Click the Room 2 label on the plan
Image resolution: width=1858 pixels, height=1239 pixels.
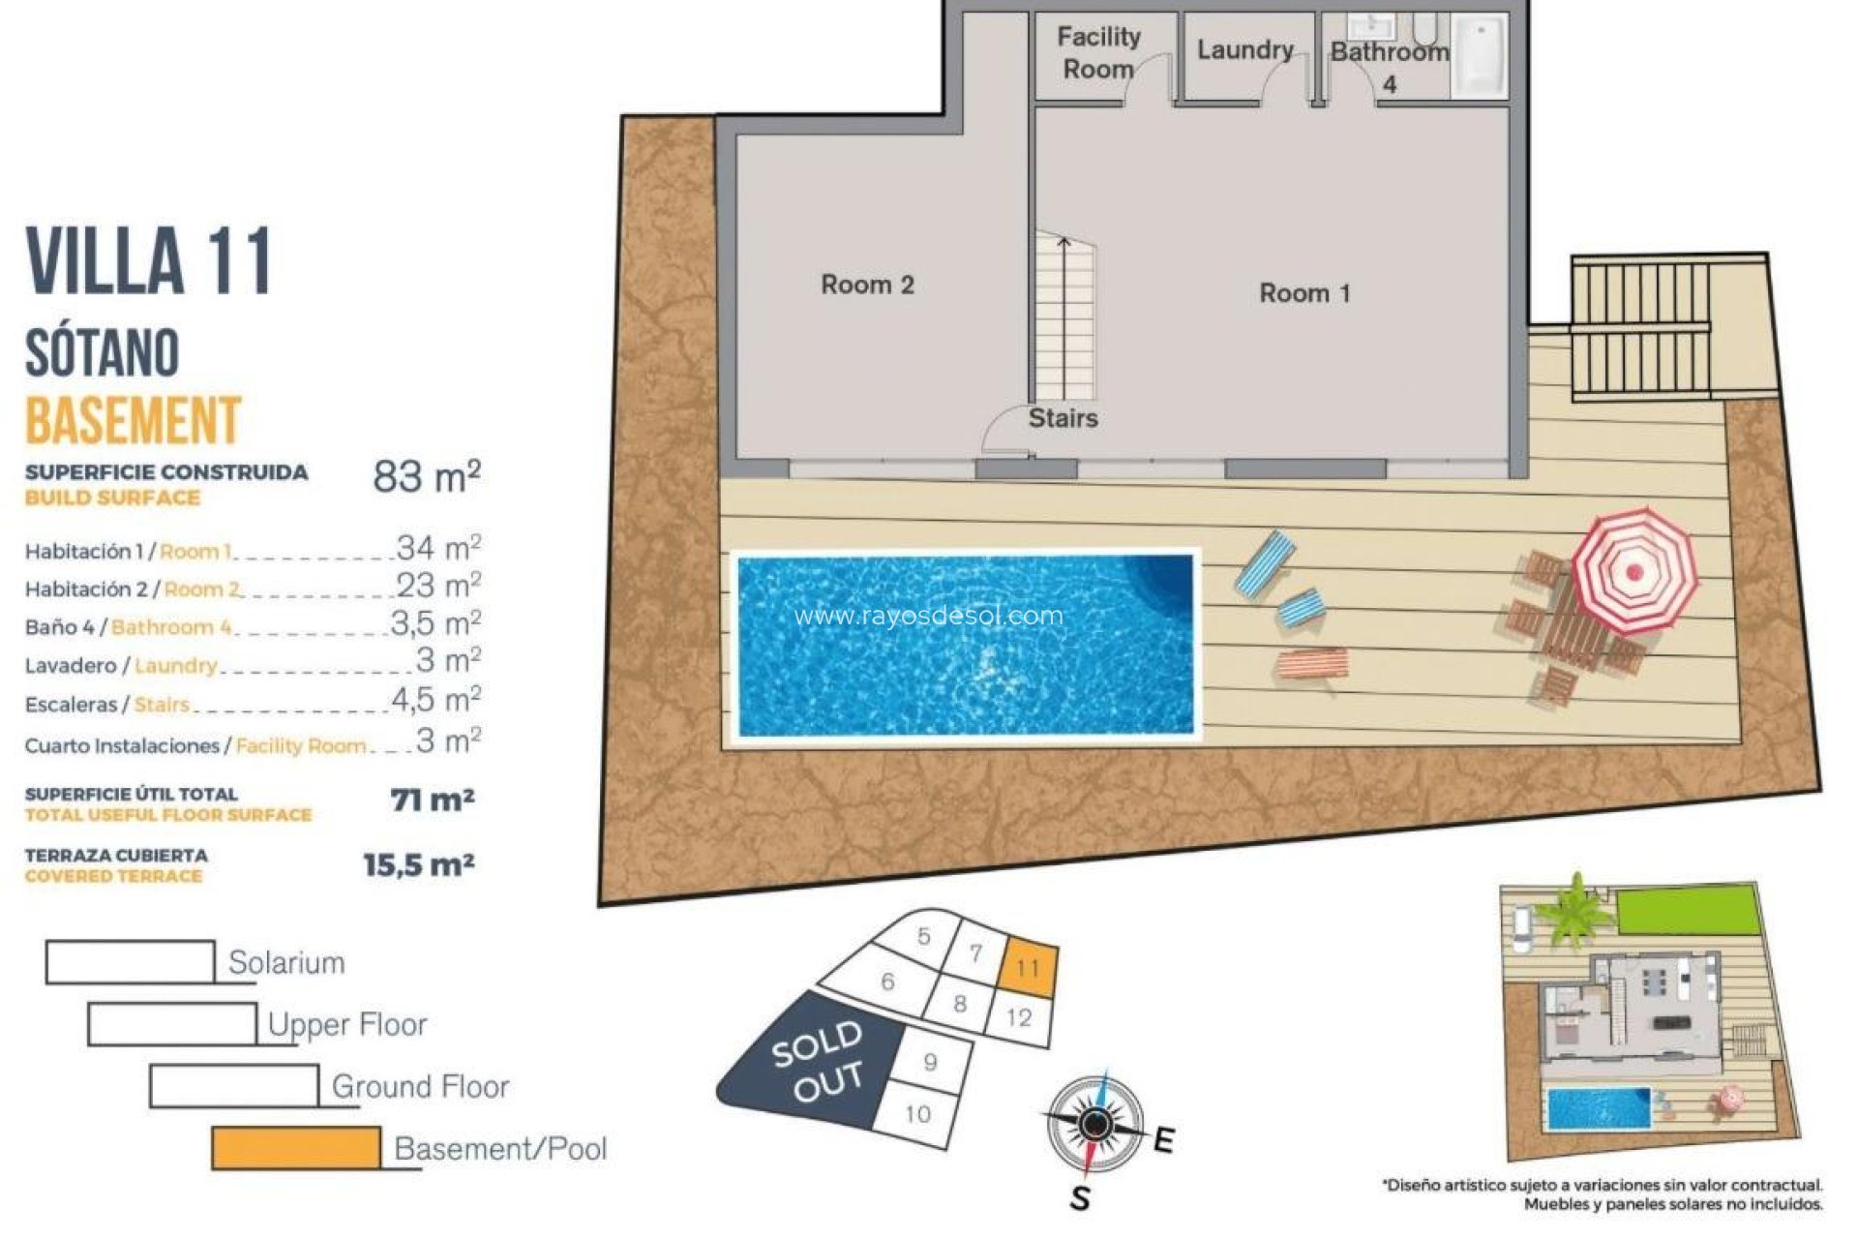click(x=867, y=285)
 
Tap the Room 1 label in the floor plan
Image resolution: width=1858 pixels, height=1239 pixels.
click(x=1304, y=293)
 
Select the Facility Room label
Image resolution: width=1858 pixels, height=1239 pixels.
click(x=1097, y=53)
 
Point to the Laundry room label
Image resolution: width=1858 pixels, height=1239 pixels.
click(x=1244, y=50)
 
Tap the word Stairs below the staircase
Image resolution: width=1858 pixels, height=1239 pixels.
click(x=1063, y=418)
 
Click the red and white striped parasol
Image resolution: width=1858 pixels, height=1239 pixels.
click(x=1634, y=571)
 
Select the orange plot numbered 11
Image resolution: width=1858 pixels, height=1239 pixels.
click(x=1027, y=967)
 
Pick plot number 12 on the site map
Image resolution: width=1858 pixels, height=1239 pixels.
click(x=1018, y=1017)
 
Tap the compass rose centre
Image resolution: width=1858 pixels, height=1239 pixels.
click(x=1094, y=1124)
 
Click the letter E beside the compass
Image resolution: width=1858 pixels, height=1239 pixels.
click(x=1164, y=1140)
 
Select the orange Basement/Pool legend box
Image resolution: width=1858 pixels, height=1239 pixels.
click(x=295, y=1148)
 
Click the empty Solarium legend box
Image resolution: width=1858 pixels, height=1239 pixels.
click(x=130, y=962)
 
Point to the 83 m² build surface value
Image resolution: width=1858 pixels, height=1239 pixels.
click(x=427, y=477)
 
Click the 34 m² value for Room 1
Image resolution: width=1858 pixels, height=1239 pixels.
click(x=438, y=548)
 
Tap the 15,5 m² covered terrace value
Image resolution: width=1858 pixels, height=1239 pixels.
click(x=418, y=864)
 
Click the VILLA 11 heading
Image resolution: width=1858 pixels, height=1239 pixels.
click(x=148, y=261)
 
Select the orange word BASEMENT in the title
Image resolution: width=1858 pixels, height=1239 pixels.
click(x=133, y=420)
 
